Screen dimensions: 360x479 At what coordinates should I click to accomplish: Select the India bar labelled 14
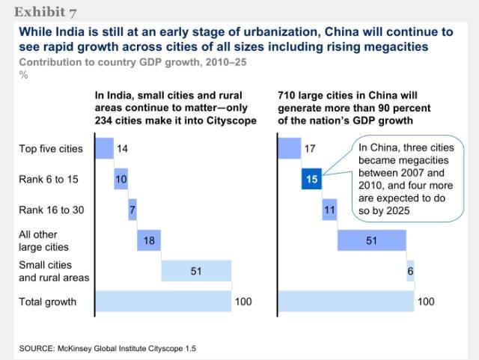(x=103, y=148)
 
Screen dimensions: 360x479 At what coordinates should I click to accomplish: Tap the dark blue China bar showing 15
(x=311, y=179)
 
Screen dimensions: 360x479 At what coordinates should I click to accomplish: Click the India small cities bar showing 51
(x=196, y=270)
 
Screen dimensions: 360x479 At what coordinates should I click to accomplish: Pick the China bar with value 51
(x=371, y=240)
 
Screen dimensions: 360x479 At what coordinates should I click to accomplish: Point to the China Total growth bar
(x=346, y=301)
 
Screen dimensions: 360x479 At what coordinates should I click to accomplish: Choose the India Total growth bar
(x=162, y=301)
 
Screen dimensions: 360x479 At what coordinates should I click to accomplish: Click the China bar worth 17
(x=289, y=148)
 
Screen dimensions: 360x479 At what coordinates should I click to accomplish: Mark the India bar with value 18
(x=149, y=240)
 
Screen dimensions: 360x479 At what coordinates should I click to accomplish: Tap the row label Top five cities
(x=50, y=149)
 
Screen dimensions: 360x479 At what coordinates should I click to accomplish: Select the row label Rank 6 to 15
(x=48, y=180)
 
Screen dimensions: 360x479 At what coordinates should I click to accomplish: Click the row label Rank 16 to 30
(x=51, y=210)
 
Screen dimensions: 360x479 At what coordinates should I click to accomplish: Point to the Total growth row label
(x=47, y=302)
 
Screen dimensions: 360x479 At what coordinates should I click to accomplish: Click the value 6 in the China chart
(x=411, y=271)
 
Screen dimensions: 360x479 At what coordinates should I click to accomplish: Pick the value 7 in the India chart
(x=132, y=210)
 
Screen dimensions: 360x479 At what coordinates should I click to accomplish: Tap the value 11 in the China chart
(x=329, y=210)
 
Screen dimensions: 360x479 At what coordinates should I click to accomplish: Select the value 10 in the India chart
(x=121, y=180)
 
